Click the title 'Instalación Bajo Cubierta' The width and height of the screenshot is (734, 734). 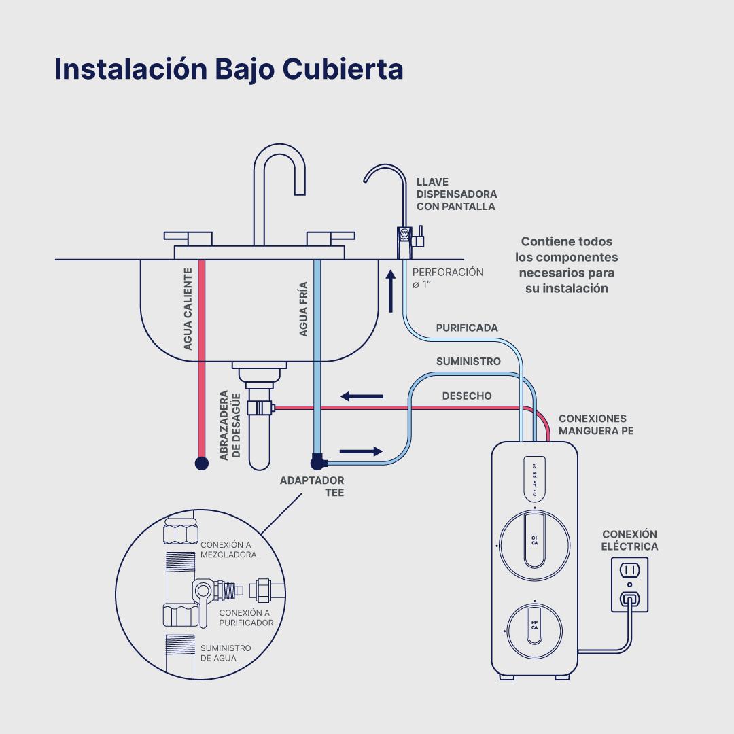point(228,69)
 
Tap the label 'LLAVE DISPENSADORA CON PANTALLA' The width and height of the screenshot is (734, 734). point(456,194)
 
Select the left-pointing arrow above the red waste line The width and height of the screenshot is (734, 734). point(362,396)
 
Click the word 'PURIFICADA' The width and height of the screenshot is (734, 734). point(467,328)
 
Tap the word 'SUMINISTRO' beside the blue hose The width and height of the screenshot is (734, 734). point(468,362)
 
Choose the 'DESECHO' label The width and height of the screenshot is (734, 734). point(467,396)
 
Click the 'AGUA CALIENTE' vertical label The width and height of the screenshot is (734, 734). point(188,309)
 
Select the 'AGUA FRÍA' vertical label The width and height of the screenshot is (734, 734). point(304,309)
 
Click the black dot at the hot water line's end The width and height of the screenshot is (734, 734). point(201,464)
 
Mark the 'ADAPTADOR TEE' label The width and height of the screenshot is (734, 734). point(312,487)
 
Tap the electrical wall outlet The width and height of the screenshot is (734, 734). point(630,584)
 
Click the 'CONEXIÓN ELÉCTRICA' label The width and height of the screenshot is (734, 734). point(630,540)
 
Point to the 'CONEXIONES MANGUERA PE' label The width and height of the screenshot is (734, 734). point(596,425)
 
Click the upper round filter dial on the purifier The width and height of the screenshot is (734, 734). point(535,541)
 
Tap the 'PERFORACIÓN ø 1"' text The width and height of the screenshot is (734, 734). point(448,278)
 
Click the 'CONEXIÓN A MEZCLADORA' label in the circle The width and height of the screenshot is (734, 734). point(228,549)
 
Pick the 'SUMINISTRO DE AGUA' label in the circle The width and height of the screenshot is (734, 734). point(225,653)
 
